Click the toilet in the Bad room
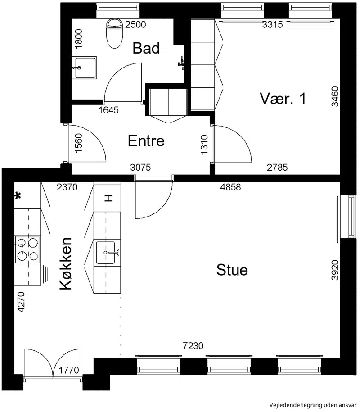(115, 33)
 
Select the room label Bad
(146, 48)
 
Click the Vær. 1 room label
(283, 99)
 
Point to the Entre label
(146, 141)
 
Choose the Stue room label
(232, 270)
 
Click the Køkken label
(66, 263)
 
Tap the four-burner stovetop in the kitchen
(27, 249)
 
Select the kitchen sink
(107, 253)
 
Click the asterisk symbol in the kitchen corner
(18, 196)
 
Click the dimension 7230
(193, 346)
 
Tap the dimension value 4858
(230, 187)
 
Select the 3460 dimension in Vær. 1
(335, 96)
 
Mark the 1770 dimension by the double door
(68, 370)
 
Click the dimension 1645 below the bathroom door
(108, 110)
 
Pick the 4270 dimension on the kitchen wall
(21, 302)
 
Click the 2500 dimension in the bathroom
(135, 24)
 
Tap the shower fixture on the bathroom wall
(181, 63)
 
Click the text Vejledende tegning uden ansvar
(313, 405)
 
